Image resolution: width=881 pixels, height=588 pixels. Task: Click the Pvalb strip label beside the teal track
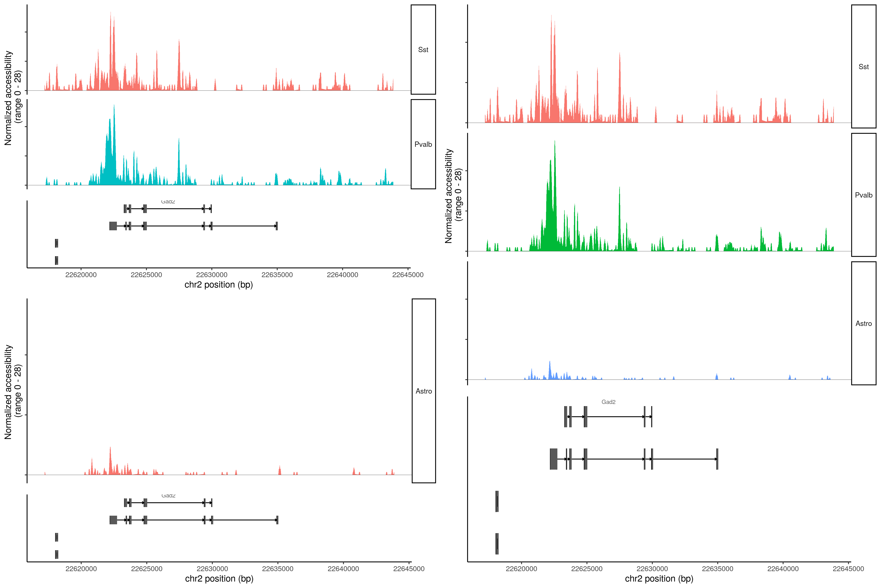point(423,144)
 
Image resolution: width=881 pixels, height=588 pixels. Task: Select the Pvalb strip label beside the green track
point(863,195)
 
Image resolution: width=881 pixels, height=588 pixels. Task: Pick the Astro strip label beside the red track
point(424,391)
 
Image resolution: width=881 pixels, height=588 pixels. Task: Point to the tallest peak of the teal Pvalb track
point(114,105)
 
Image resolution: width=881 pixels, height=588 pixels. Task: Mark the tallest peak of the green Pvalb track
point(554,141)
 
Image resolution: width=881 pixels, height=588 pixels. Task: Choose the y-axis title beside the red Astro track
point(13,392)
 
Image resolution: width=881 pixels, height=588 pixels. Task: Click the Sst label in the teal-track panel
point(423,50)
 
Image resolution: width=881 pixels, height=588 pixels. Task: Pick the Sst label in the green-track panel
point(863,67)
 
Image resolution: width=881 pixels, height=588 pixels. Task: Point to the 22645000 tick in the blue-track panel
point(848,569)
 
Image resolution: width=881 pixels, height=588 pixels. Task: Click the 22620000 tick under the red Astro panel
point(81,569)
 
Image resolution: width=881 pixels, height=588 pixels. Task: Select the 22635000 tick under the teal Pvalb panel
point(277,275)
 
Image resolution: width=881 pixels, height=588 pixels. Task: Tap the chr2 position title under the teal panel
point(218,285)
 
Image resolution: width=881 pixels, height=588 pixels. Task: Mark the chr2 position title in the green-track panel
point(659,579)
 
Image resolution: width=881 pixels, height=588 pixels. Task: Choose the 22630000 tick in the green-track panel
point(652,569)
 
